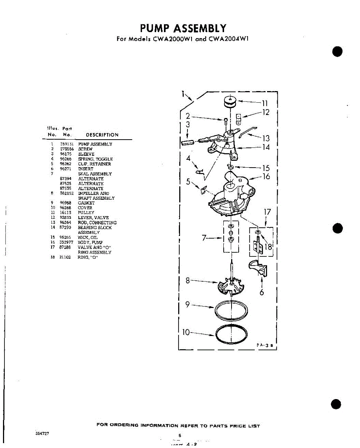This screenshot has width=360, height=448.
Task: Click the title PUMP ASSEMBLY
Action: click(183, 28)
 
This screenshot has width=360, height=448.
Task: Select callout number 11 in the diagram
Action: click(265, 103)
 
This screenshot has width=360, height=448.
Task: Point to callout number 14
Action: click(266, 147)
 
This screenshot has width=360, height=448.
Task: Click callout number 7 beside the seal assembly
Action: click(204, 237)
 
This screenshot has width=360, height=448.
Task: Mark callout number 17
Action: click(267, 212)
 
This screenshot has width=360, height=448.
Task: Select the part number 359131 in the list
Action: click(67, 144)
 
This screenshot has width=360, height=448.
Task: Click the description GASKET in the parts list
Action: click(86, 203)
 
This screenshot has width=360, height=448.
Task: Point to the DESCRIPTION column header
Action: click(102, 135)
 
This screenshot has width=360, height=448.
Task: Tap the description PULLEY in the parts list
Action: click(86, 212)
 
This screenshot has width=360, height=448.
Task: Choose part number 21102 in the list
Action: click(65, 257)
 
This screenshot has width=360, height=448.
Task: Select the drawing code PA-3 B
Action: click(265, 346)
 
